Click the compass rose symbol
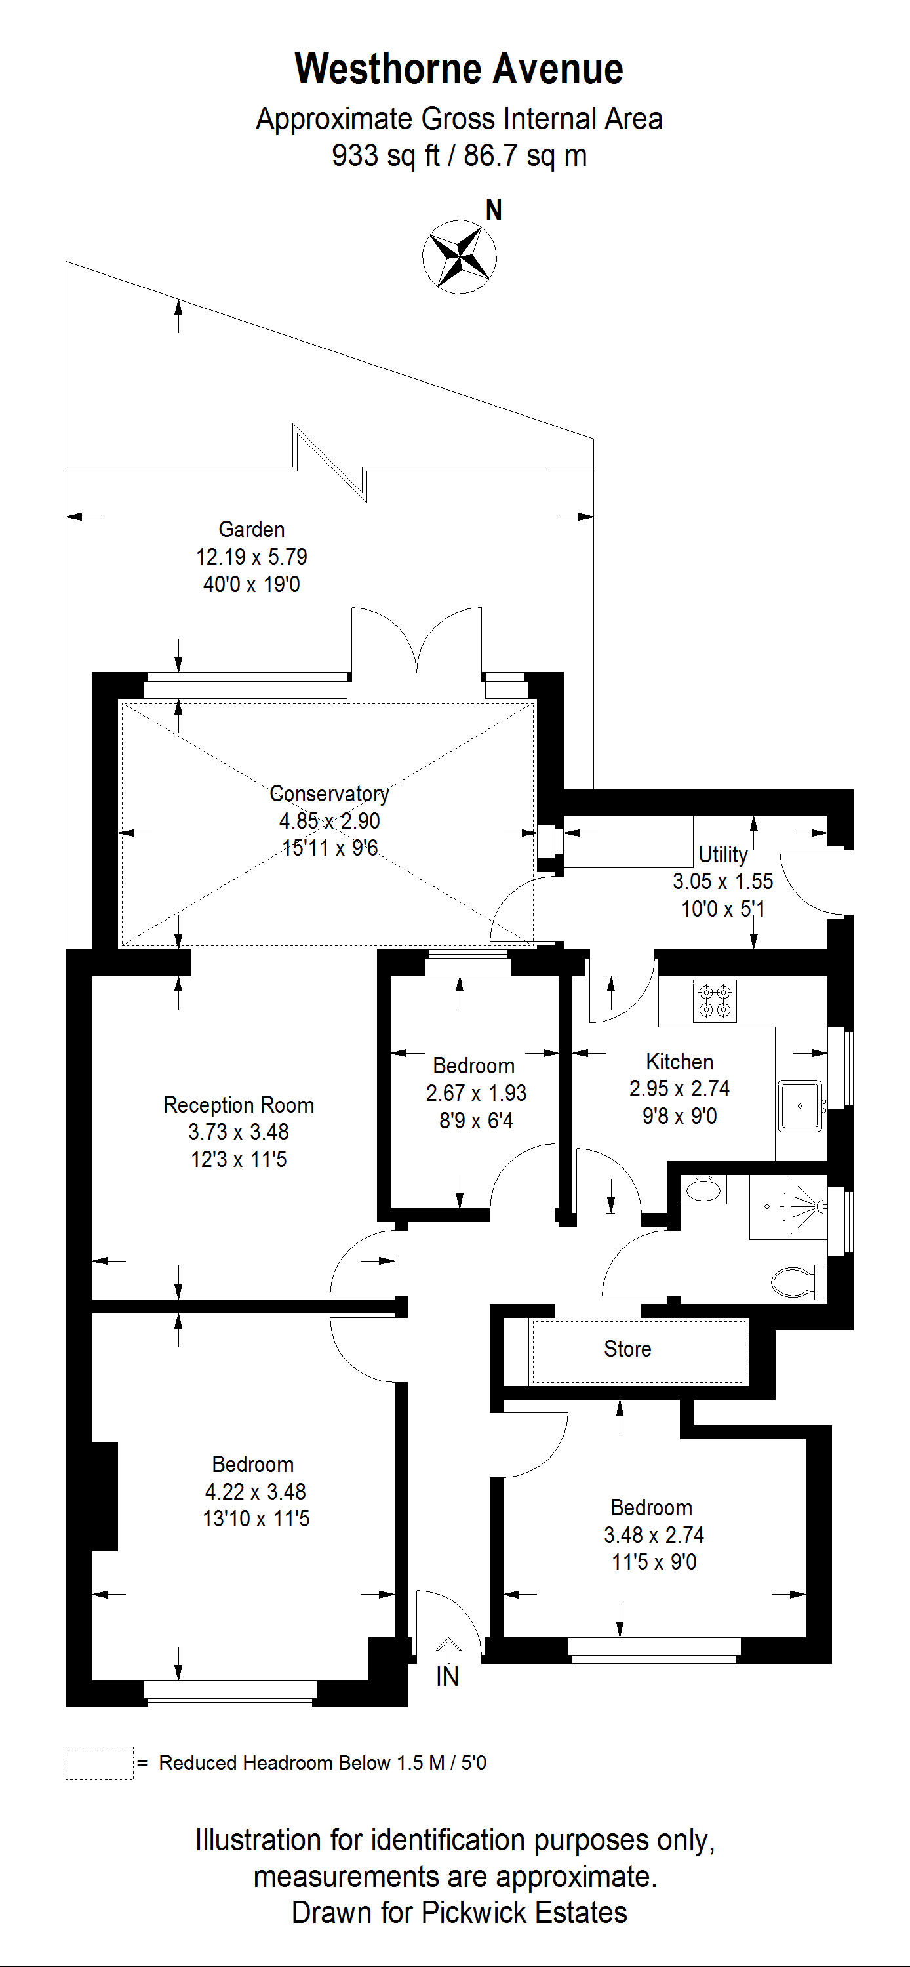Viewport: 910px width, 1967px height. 459,256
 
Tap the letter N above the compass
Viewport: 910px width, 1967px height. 494,210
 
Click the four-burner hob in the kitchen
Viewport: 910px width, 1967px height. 715,1001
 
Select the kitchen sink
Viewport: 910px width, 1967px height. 799,1105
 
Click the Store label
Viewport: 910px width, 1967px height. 627,1349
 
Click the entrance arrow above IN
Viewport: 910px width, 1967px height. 448,1650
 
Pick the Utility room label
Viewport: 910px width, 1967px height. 722,854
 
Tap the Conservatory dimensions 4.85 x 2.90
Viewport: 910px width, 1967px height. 329,821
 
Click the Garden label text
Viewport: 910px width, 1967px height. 251,529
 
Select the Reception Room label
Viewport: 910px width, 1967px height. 238,1105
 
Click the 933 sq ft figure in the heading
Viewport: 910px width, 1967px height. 385,156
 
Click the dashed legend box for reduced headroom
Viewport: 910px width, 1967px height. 99,1763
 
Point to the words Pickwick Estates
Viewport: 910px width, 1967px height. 524,1912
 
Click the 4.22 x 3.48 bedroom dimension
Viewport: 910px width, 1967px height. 255,1491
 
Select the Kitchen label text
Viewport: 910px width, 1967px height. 679,1062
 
